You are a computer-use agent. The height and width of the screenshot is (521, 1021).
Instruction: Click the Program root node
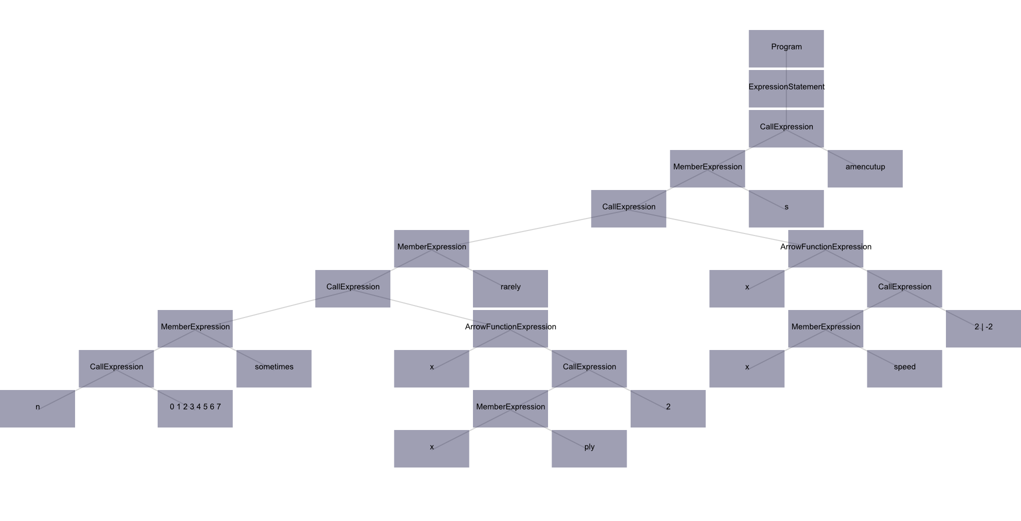click(x=786, y=48)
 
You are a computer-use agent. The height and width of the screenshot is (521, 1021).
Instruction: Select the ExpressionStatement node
click(x=786, y=88)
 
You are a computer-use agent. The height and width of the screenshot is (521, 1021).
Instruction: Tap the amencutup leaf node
click(x=865, y=168)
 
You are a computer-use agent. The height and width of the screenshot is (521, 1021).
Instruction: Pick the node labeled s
click(x=786, y=208)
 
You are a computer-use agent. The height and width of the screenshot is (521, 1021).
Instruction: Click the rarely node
click(x=510, y=288)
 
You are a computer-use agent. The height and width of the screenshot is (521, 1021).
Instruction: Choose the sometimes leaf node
click(x=274, y=368)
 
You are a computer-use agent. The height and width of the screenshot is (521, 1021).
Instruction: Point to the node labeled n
click(x=38, y=408)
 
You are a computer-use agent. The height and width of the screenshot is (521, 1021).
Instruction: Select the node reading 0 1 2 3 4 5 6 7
click(x=195, y=408)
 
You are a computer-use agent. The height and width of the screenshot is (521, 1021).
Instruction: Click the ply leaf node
click(x=589, y=448)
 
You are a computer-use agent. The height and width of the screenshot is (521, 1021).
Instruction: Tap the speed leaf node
click(x=904, y=368)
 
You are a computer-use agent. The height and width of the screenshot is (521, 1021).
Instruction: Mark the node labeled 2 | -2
click(x=983, y=328)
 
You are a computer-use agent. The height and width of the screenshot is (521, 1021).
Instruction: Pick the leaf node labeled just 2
click(x=668, y=408)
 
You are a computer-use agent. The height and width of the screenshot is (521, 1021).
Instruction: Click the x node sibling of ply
click(x=431, y=448)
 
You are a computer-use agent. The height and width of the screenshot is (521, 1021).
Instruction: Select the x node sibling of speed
click(x=747, y=368)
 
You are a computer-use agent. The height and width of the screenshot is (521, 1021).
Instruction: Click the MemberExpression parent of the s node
click(x=707, y=168)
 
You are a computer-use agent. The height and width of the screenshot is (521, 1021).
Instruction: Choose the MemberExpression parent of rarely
click(x=431, y=248)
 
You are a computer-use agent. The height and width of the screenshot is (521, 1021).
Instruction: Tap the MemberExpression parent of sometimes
click(x=195, y=328)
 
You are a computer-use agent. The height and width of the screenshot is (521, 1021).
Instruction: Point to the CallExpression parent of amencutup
click(x=786, y=128)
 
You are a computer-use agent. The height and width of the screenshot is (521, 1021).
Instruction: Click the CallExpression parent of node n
click(x=116, y=368)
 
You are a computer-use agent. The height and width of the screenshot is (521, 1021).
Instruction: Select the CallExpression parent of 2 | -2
click(x=904, y=288)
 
